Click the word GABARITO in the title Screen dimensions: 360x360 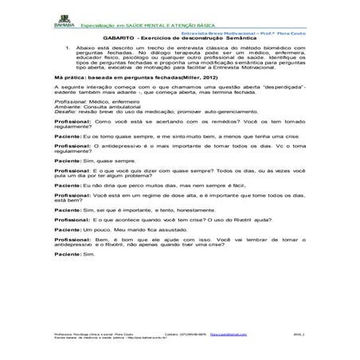118,37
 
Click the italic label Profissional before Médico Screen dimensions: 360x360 69,104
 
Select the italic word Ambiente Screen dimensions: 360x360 67,108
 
